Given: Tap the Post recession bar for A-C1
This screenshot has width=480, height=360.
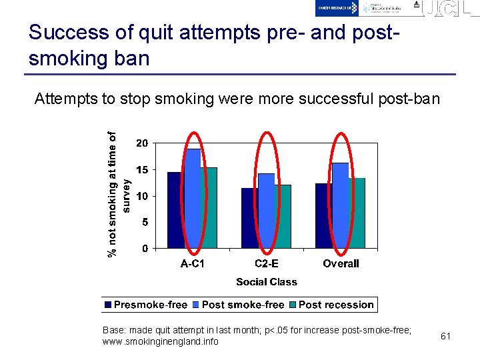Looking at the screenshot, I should point(209,208).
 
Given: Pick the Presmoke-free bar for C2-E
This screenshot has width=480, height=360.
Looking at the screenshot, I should point(250,218).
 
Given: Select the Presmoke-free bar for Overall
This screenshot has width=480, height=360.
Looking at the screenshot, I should point(324,216).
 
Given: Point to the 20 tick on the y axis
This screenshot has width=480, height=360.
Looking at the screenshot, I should point(142,143).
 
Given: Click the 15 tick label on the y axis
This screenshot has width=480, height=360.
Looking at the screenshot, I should point(142,169).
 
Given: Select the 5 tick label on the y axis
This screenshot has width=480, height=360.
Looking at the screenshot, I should point(145,222).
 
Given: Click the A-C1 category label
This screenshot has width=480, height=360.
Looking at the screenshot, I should point(193,263).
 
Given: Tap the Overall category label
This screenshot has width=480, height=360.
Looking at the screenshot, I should point(341,263).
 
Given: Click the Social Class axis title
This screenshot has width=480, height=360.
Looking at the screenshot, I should point(267,282).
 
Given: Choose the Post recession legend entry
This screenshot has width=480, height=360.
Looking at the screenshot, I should point(336,305).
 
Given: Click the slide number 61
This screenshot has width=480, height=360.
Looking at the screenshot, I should point(446,336).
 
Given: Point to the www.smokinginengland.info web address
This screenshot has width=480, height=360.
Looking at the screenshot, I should point(160,341).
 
